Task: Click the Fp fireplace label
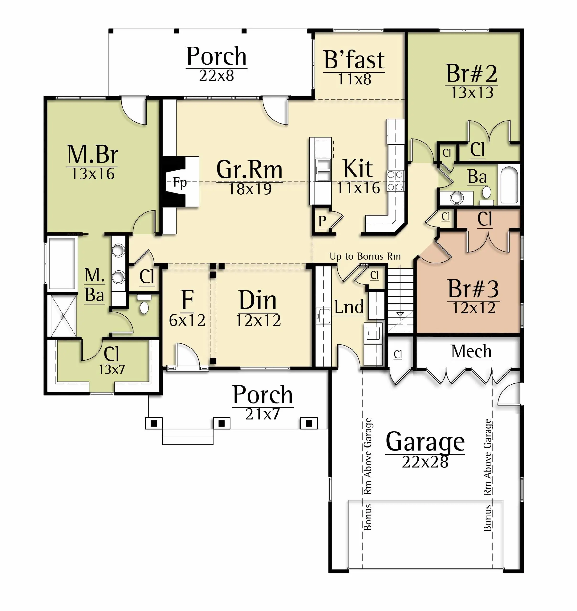point(180,182)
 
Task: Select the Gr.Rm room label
point(249,169)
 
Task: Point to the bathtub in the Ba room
point(509,185)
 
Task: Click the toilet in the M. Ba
point(144,304)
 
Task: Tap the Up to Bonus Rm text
point(365,256)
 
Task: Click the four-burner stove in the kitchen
point(395,181)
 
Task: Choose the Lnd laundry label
point(349,307)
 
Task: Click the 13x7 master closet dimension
point(112,369)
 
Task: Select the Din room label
point(258,300)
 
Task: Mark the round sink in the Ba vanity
point(457,198)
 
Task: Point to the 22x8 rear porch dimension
point(217,76)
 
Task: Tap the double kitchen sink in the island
point(324,170)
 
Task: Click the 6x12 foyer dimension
point(187,320)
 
